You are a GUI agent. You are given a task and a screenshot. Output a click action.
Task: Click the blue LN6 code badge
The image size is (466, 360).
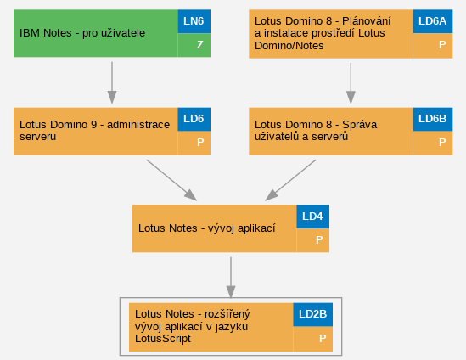pos(194,21)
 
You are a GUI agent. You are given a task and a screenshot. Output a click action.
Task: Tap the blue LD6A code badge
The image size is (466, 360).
pos(433,21)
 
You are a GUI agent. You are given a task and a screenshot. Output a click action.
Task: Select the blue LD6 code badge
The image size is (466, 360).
pos(194,119)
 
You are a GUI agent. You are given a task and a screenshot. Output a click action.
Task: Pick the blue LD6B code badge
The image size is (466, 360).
pos(433,119)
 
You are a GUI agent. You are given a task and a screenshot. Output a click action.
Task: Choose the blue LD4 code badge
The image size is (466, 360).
pos(312,217)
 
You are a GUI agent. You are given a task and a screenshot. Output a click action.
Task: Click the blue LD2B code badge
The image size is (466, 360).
pos(312,314)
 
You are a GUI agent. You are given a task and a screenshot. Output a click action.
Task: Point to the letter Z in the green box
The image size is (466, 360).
pos(200,45)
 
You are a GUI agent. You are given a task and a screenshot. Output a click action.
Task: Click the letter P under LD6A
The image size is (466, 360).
pos(442,45)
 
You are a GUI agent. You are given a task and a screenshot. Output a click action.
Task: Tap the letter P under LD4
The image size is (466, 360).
pos(319,240)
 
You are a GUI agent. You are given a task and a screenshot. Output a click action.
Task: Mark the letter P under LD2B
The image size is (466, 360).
pos(323,338)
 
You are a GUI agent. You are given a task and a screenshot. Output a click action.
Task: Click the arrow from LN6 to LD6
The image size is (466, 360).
pos(112,82)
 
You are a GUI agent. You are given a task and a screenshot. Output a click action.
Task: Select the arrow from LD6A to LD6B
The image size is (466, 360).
pos(351,83)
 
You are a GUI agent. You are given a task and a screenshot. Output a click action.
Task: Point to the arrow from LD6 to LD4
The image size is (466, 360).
pos(171,180)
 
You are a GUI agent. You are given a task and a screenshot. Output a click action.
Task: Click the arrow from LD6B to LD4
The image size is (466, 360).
pos(290,180)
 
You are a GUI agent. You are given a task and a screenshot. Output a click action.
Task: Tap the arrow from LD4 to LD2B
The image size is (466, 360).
pos(231,278)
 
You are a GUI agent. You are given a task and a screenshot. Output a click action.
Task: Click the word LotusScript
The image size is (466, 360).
pos(163,339)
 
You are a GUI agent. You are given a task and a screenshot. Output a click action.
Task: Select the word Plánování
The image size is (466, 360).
pos(367,21)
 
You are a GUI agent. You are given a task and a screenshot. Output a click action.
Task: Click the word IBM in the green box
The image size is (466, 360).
pos(30,33)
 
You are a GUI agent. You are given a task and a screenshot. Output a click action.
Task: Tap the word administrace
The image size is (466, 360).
pos(138,125)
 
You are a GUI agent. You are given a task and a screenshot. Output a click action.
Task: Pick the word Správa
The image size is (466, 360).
pos(359,125)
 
